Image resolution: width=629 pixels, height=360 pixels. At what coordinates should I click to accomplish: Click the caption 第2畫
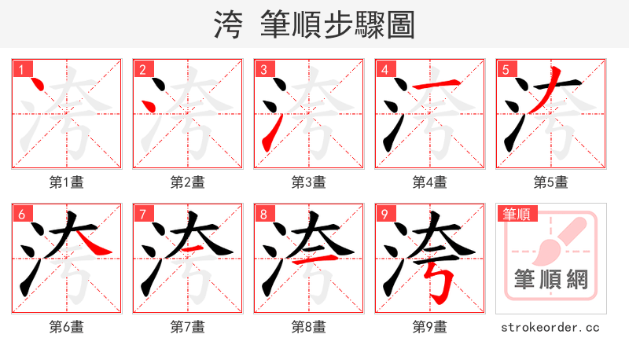coord(187,182)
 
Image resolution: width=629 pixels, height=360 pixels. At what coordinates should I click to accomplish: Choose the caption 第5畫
coord(550,182)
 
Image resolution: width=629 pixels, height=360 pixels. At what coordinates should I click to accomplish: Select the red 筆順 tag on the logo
coord(518,214)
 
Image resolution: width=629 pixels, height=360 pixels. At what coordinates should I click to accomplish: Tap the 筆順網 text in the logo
coord(550,279)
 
